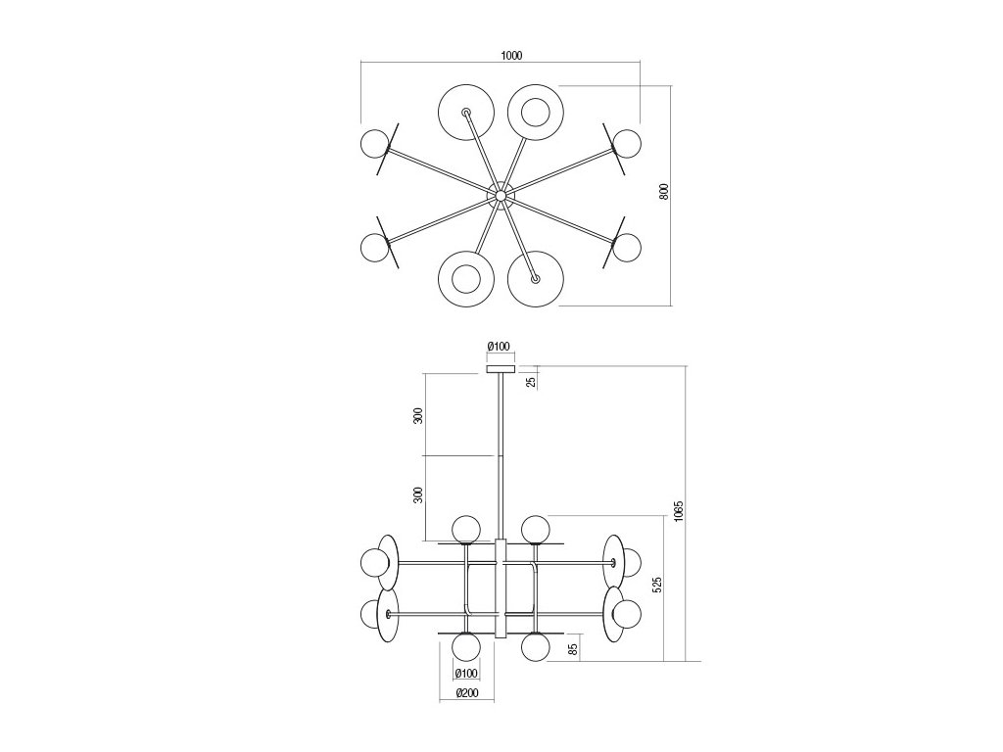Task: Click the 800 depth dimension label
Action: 663,193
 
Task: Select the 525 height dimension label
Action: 658,584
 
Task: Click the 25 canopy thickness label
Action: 532,380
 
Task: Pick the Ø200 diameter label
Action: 466,694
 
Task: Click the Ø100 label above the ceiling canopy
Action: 499,346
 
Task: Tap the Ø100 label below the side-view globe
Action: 466,673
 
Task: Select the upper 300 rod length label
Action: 417,415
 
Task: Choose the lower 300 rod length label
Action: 417,494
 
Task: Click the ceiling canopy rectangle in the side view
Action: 500,369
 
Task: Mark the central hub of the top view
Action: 501,196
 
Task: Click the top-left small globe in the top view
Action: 375,144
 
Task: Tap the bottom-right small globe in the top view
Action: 627,247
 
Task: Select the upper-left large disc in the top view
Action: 464,113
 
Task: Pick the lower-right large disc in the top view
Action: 535,279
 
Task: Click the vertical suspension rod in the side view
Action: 500,450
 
